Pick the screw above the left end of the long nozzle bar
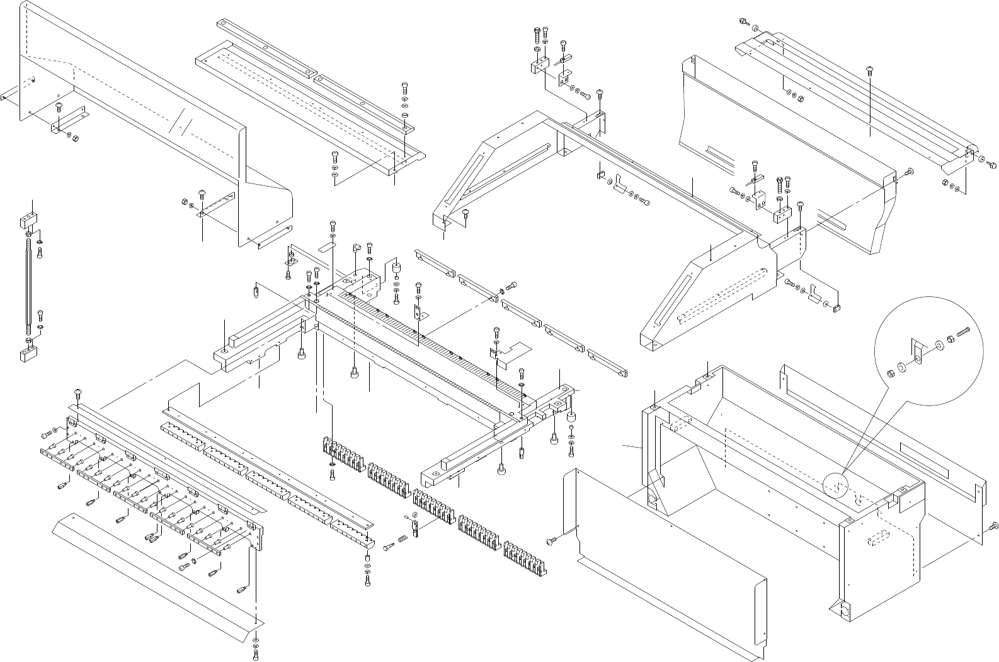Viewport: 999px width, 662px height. point(77,393)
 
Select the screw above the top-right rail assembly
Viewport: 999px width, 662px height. point(871,69)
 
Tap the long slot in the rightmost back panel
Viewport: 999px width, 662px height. point(939,457)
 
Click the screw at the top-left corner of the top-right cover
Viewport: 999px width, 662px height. point(743,23)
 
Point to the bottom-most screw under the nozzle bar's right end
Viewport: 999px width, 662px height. point(256,656)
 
